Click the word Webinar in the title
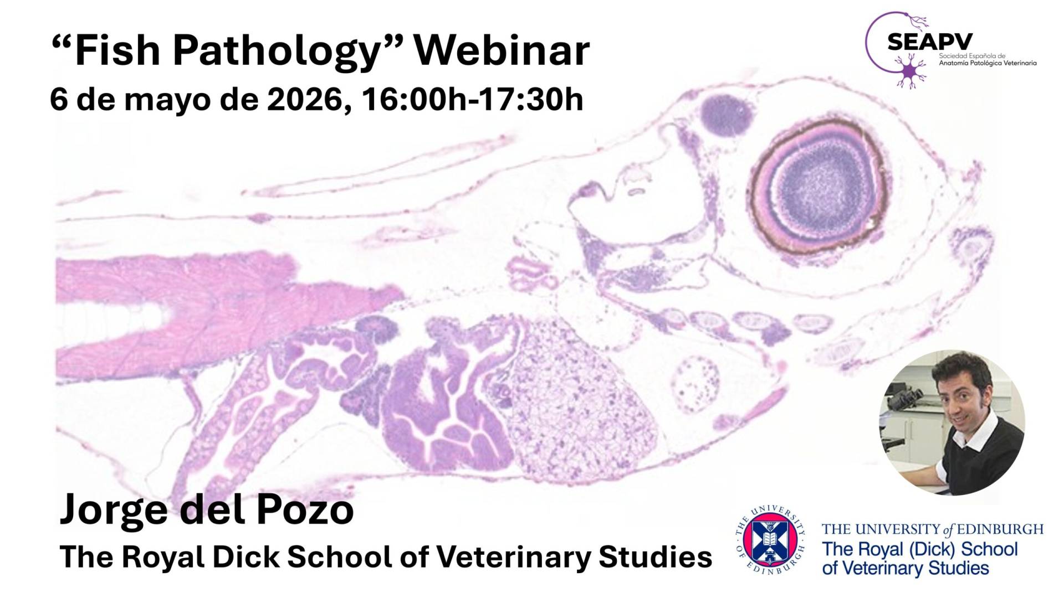(x=502, y=50)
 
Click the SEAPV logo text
(x=929, y=42)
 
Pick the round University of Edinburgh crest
(x=770, y=542)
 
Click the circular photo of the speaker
(x=952, y=422)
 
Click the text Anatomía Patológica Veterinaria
(x=988, y=63)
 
